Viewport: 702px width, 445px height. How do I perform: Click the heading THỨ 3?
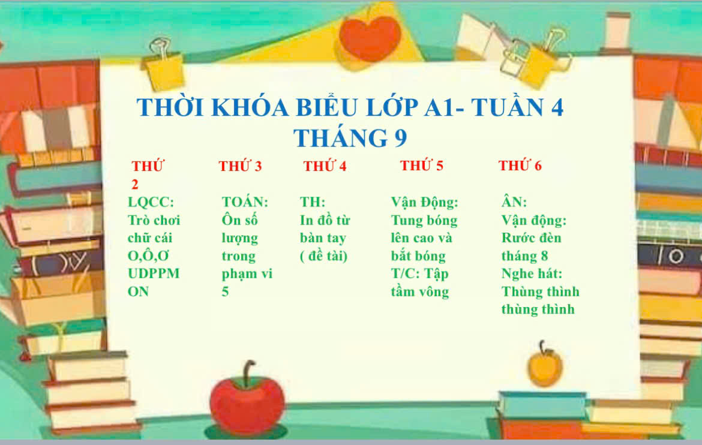coord(240,166)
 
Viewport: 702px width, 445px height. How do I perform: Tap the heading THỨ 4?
coord(325,166)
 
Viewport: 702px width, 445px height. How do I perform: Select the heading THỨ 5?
coord(421,165)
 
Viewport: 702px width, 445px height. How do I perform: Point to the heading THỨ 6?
coord(520,165)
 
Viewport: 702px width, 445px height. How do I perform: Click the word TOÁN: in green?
coord(245,202)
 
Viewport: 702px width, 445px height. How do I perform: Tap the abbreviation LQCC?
coord(151,202)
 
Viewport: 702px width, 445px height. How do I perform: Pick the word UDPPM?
coord(154,273)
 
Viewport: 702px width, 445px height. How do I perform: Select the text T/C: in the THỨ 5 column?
coord(404,273)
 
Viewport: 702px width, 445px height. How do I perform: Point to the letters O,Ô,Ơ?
coord(148,255)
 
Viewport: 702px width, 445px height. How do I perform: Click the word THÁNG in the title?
coord(341,138)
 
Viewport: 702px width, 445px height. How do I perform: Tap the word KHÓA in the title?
coord(250,107)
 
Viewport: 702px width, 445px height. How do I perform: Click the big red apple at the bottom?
coord(247,402)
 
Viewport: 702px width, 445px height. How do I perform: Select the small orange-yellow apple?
coord(544,366)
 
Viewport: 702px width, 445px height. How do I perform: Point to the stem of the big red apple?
coord(248,372)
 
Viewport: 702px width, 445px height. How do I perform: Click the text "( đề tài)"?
coord(323,255)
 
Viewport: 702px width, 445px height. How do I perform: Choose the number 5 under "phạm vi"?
coord(225,291)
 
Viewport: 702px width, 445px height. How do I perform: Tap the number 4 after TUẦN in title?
coord(557,107)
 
